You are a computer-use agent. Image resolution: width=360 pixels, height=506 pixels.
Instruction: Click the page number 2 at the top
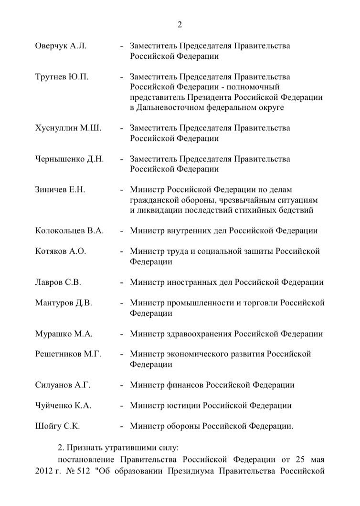coord(180,25)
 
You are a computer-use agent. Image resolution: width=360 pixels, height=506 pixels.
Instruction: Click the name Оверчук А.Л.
coord(61,46)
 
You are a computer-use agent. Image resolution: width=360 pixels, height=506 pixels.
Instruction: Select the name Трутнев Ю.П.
coord(62,76)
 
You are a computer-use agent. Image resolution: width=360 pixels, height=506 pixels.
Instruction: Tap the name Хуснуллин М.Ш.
coord(68,128)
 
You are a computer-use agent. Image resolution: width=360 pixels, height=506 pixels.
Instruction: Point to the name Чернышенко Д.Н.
coord(70,159)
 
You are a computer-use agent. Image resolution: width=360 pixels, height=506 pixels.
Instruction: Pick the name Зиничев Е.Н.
coord(60,189)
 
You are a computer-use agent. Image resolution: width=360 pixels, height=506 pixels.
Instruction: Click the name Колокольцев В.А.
coord(70,230)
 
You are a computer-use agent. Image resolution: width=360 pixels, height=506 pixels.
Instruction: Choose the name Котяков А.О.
coord(61,251)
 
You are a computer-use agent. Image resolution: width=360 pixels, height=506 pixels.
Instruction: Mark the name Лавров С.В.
coord(58,282)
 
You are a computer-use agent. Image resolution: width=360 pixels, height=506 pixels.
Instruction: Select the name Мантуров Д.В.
coord(64,303)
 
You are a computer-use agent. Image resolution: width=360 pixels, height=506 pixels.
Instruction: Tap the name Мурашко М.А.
coord(64,334)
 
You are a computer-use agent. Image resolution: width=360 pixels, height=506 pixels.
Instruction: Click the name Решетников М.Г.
coord(68,354)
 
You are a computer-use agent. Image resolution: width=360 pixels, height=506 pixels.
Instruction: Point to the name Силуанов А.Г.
coord(63,385)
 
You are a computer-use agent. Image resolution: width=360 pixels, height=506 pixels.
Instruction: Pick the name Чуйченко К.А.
coord(64,405)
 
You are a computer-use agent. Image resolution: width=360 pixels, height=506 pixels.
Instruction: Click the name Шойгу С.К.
coord(58,426)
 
